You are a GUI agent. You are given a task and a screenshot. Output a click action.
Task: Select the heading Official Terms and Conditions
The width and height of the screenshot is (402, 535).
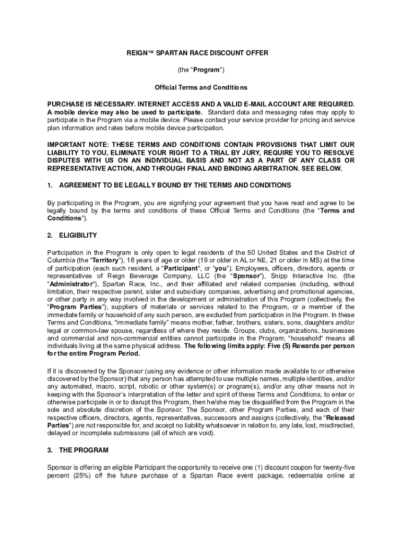201,87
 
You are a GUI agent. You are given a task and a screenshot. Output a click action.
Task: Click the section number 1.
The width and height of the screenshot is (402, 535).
50,185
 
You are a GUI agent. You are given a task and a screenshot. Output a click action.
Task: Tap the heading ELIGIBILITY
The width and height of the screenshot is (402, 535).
78,236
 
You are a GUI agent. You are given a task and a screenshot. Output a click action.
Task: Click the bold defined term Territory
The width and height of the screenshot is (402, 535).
105,260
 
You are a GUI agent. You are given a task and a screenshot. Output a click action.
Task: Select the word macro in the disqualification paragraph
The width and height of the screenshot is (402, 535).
114,386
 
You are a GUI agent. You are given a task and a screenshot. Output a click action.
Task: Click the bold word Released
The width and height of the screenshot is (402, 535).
340,418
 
